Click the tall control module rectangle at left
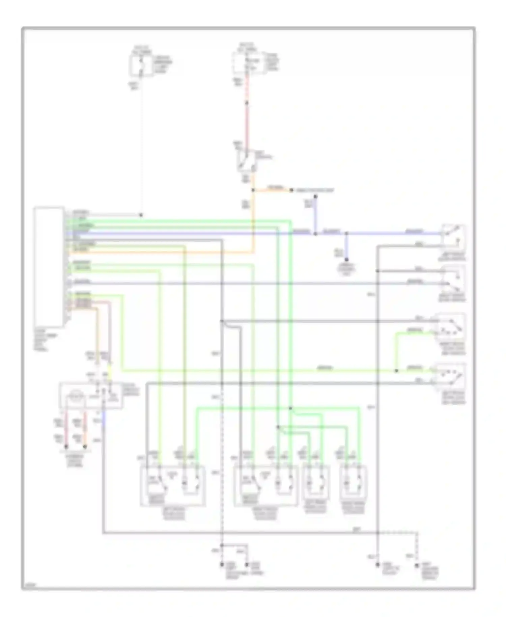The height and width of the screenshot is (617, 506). [x=49, y=267]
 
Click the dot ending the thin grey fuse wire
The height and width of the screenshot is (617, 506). [x=141, y=215]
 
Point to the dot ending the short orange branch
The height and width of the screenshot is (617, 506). [x=291, y=190]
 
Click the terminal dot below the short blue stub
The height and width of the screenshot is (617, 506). [x=346, y=260]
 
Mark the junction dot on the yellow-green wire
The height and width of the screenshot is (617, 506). [x=396, y=371]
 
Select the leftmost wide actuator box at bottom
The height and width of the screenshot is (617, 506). [x=173, y=486]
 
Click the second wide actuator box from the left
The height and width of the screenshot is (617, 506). [x=266, y=486]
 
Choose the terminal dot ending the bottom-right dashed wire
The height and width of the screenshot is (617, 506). [x=417, y=565]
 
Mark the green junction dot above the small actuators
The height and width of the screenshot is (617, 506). [x=290, y=408]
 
